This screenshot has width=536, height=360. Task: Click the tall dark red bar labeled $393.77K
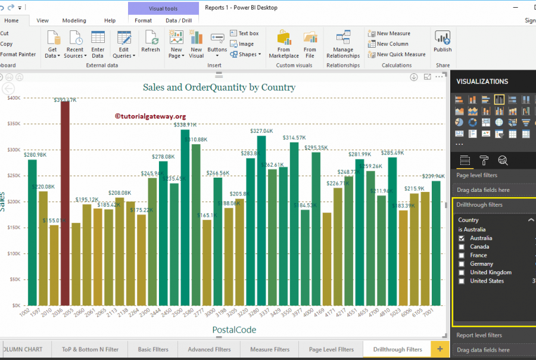click(65, 203)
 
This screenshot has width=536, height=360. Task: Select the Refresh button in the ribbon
click(151, 42)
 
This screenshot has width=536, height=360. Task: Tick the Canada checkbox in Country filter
click(462, 247)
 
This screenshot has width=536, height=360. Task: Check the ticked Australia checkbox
click(462, 238)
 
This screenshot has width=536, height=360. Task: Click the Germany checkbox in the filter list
click(462, 264)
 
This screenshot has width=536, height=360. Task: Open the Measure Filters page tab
click(270, 349)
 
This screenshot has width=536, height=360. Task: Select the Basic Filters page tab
click(153, 349)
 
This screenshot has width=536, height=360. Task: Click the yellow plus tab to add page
click(440, 349)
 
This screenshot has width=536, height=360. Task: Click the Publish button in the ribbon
click(442, 42)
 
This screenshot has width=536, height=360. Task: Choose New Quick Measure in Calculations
click(401, 54)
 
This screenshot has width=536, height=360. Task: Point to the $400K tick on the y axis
click(14, 98)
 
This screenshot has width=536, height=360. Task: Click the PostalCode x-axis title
click(234, 330)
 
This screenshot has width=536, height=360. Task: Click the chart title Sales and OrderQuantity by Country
click(219, 87)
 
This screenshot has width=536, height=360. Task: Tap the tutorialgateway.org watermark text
click(150, 117)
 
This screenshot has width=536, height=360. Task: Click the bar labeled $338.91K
click(185, 218)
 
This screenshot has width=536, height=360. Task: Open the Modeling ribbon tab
click(74, 20)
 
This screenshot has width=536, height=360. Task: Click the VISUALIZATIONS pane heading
click(482, 82)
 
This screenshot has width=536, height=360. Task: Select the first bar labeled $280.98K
click(32, 232)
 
